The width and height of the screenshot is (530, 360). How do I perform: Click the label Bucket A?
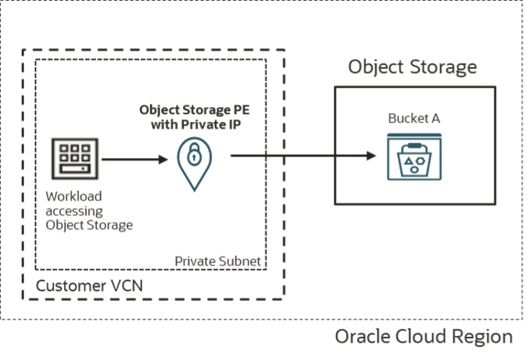[414, 119]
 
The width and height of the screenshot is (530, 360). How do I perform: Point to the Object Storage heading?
[412, 67]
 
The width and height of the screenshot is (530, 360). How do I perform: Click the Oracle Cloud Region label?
[424, 337]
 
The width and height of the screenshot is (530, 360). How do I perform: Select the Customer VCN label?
[90, 286]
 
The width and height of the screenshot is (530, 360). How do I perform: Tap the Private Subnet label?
[218, 260]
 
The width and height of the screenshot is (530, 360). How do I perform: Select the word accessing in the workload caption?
[74, 210]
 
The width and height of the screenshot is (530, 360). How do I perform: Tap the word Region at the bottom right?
[486, 337]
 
